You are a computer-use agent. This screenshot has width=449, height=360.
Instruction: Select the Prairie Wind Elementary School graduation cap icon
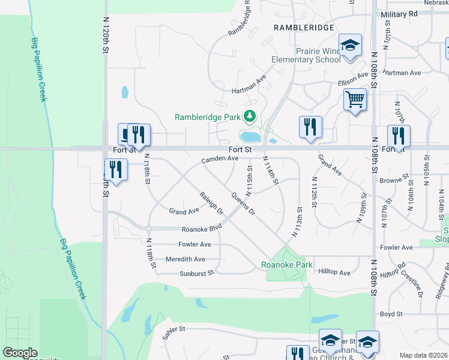pos(350,45)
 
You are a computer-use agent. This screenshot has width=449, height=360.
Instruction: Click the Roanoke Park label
pos(287,265)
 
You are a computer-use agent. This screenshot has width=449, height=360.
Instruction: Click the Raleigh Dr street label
pos(211,203)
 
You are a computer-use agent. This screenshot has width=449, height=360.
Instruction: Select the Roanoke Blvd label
pos(202,229)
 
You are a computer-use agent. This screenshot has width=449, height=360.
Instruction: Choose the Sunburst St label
pos(196,274)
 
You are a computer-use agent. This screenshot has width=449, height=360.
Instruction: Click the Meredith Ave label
pos(187,259)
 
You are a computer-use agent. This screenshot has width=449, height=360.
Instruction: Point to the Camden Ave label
pos(220,159)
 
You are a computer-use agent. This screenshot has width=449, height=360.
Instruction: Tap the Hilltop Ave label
pos(334,272)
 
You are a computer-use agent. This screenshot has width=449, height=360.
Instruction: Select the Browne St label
pos(394,179)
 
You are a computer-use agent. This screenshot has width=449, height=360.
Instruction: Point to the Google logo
pos(20,353)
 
